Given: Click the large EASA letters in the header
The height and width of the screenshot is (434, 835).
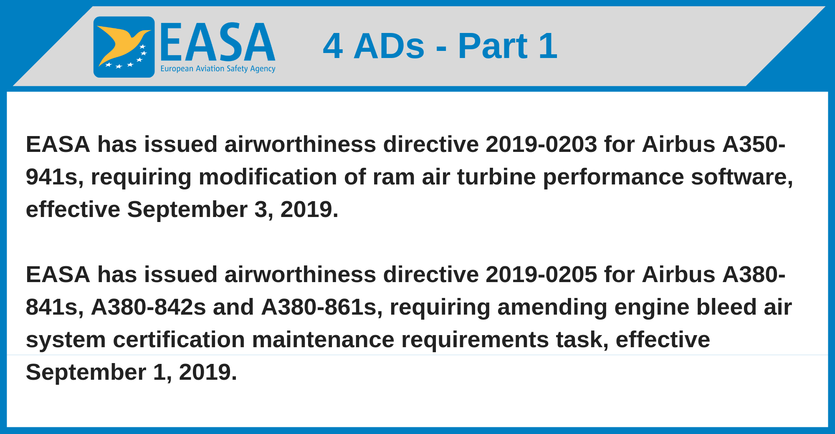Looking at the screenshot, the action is (x=218, y=42).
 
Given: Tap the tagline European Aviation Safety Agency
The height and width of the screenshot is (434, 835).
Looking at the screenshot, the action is (x=218, y=69).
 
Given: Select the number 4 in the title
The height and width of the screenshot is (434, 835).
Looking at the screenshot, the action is (x=333, y=46).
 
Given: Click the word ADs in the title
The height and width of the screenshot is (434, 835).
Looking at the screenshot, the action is (x=389, y=46).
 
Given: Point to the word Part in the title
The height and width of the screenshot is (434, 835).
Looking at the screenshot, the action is (x=493, y=46).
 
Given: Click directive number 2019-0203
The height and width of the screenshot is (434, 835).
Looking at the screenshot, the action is (x=541, y=144).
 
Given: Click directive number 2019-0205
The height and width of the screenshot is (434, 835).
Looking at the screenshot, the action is (x=541, y=275).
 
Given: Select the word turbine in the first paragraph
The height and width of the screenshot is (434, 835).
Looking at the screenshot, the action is (x=496, y=177).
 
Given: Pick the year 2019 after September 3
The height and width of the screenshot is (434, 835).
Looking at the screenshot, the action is (x=309, y=209).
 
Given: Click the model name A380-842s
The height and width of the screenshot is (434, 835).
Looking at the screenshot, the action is (x=149, y=307).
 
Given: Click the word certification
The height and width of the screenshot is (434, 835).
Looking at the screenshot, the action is (x=179, y=340).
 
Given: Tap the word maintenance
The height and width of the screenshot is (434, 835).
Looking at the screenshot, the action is (x=323, y=340).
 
